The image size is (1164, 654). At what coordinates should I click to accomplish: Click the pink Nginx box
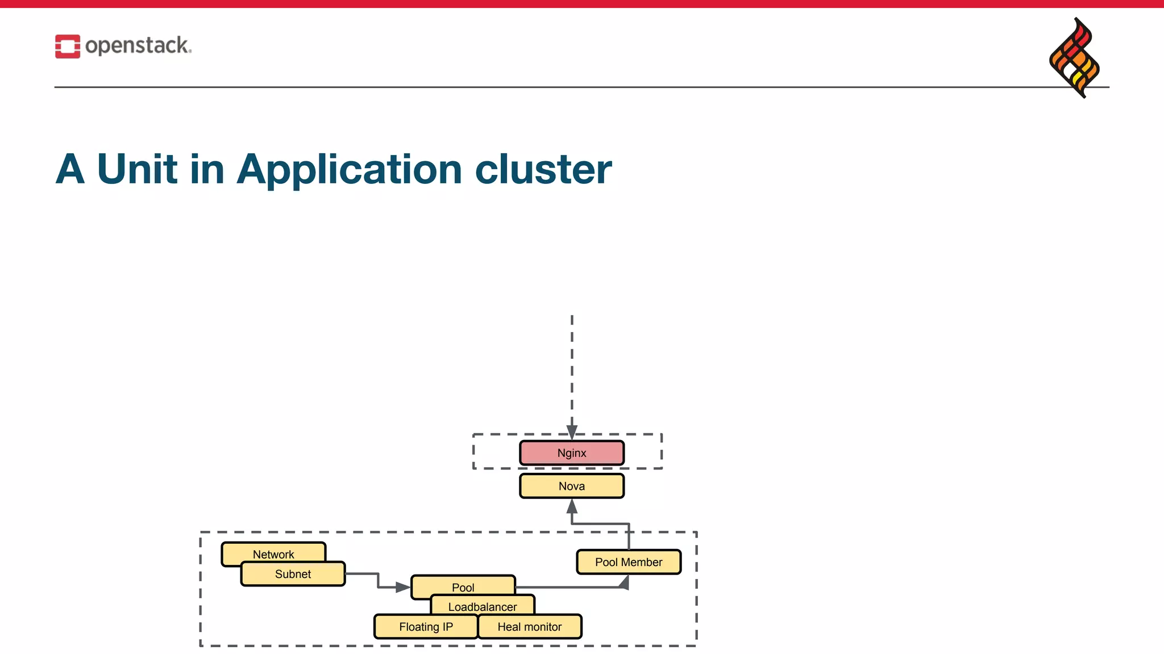pyautogui.click(x=572, y=453)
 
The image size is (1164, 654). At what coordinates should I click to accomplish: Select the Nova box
pyautogui.click(x=572, y=486)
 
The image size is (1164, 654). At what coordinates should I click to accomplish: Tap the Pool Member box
pyautogui.click(x=629, y=562)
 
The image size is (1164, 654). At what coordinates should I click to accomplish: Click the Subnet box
pyautogui.click(x=293, y=574)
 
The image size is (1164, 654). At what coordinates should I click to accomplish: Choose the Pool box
pyautogui.click(x=463, y=585)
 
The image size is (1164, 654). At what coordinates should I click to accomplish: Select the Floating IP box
pyautogui.click(x=426, y=627)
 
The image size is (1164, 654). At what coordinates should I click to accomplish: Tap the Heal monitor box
pyautogui.click(x=530, y=627)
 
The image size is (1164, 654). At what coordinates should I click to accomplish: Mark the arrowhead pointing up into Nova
pyautogui.click(x=572, y=506)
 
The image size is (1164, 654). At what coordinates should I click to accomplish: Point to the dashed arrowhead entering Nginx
pyautogui.click(x=572, y=433)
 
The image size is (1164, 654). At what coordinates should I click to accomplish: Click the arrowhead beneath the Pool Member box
pyautogui.click(x=625, y=582)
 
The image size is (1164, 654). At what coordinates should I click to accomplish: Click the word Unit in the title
pyautogui.click(x=137, y=169)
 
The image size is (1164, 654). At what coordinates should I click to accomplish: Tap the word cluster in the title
pyautogui.click(x=543, y=169)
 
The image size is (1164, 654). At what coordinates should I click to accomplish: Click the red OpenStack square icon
pyautogui.click(x=68, y=47)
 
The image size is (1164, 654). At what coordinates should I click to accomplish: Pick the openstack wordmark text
pyautogui.click(x=138, y=45)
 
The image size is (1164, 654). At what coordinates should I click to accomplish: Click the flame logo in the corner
pyautogui.click(x=1074, y=57)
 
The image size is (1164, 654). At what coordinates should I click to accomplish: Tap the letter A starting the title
pyautogui.click(x=70, y=169)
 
